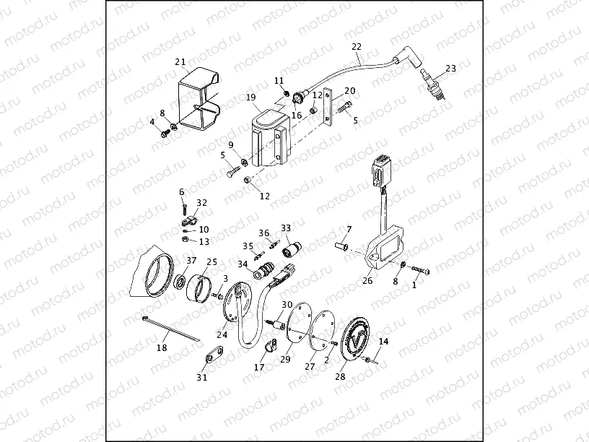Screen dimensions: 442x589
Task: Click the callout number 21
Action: pyautogui.click(x=180, y=61)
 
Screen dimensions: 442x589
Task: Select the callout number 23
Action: pyautogui.click(x=451, y=69)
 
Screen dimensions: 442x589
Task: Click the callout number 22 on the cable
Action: pyautogui.click(x=356, y=47)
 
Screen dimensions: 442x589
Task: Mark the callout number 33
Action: pyautogui.click(x=286, y=228)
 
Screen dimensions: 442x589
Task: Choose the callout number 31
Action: pyautogui.click(x=201, y=376)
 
